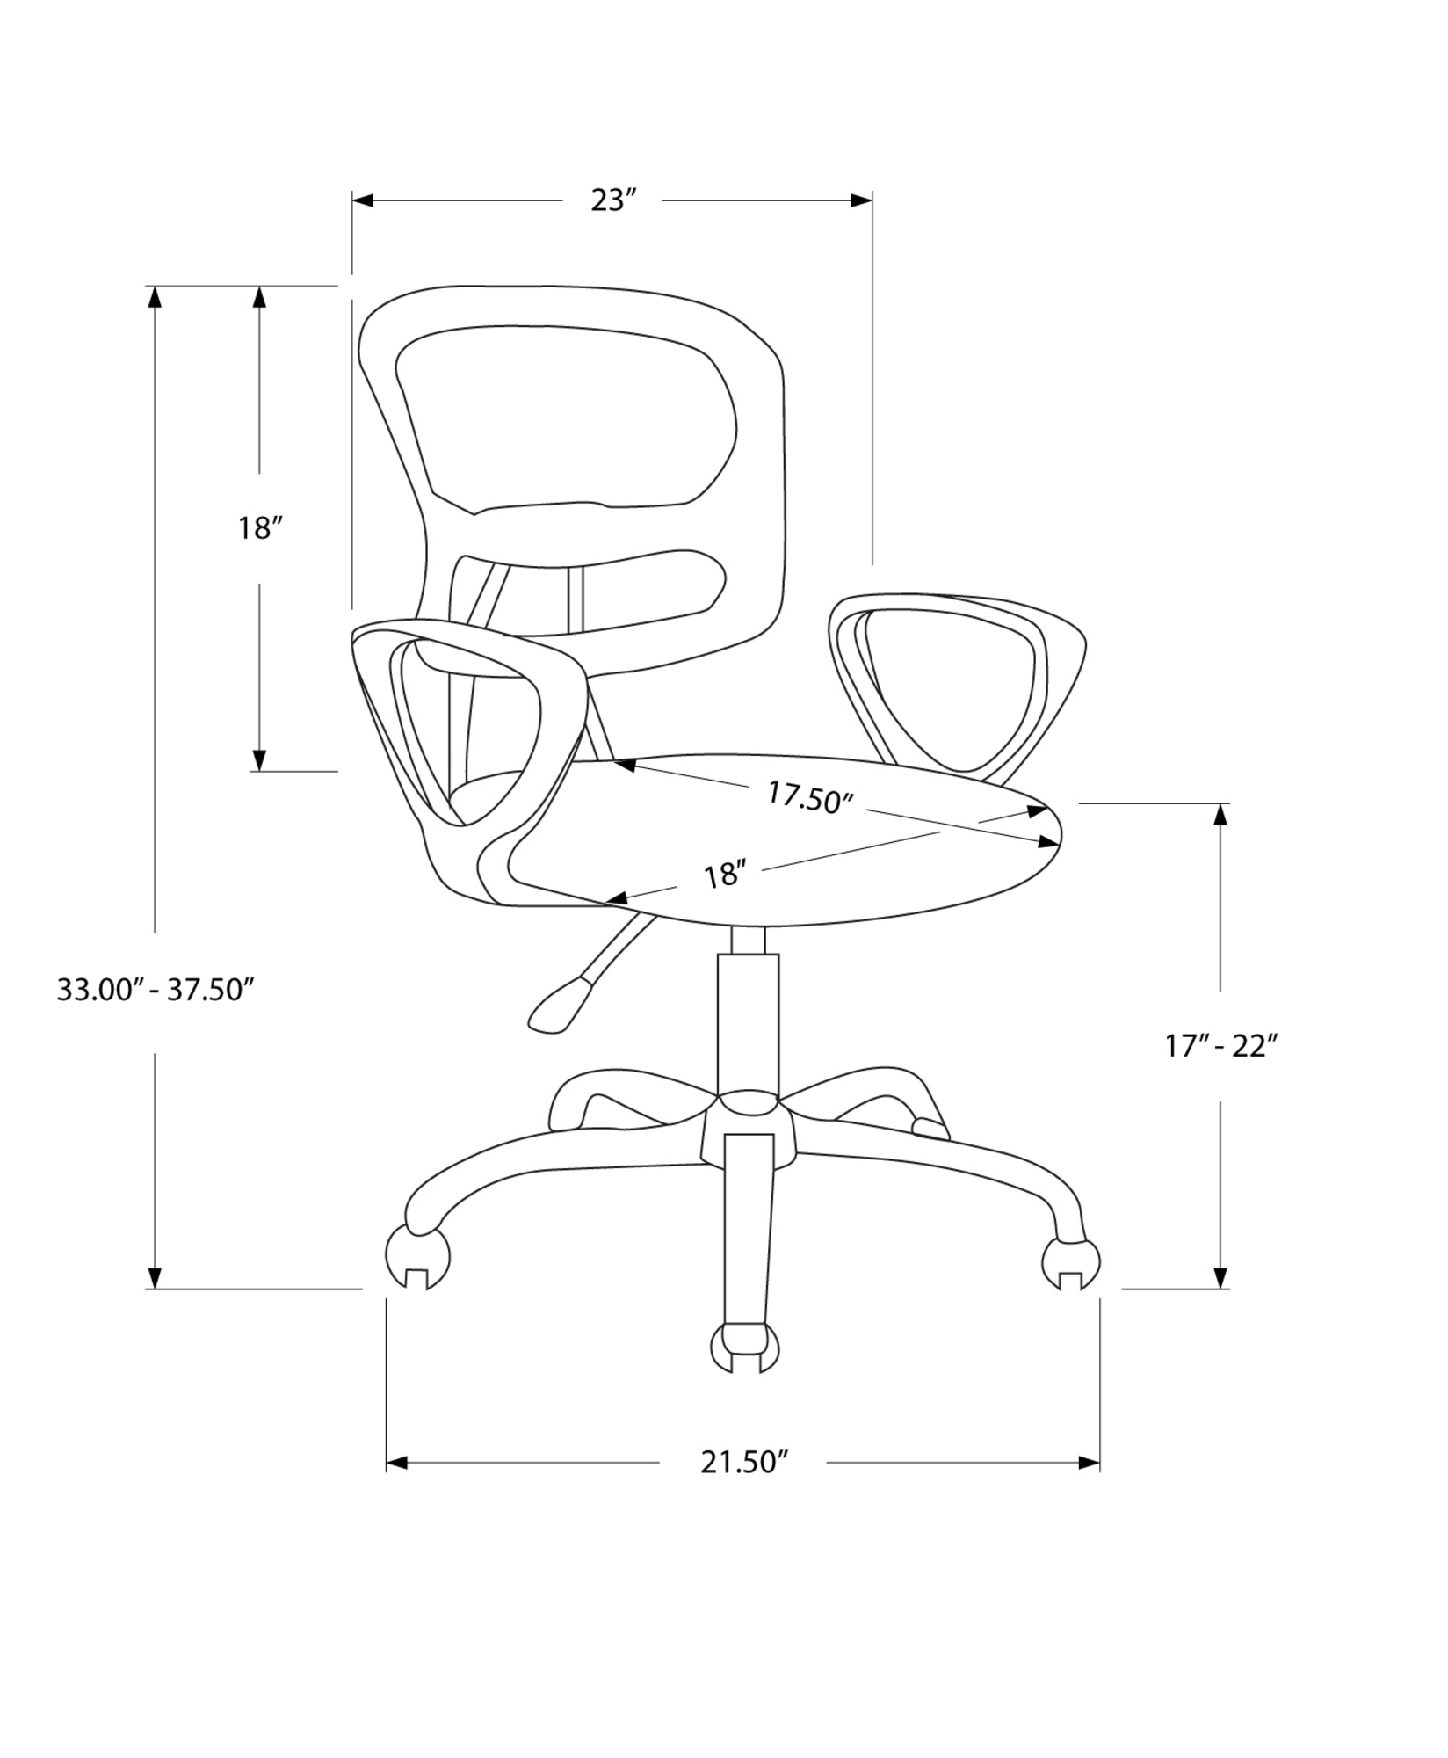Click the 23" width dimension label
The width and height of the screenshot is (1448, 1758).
[x=612, y=200]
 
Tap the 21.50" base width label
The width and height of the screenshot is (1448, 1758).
[x=741, y=1463]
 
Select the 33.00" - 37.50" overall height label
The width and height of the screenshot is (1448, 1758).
[x=156, y=990]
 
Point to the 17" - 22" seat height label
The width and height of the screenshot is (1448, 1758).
[x=1220, y=1046]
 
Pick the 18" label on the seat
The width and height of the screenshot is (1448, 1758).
[x=725, y=875]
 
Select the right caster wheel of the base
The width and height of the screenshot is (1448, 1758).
[x=1070, y=1265]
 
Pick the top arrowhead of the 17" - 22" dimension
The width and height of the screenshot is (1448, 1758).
[x=1220, y=815]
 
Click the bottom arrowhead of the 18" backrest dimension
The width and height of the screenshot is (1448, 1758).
[x=259, y=759]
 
